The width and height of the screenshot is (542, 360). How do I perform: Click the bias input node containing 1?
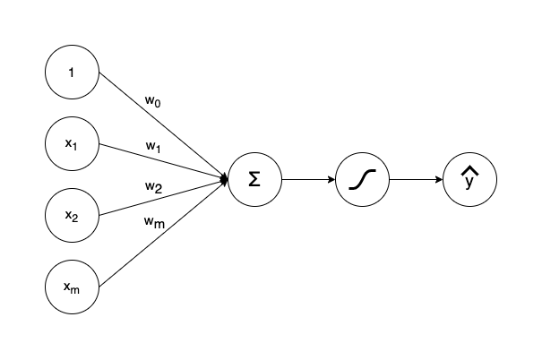coord(72,72)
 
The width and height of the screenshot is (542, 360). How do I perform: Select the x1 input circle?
coord(72,143)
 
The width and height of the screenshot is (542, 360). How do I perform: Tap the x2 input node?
coord(72,215)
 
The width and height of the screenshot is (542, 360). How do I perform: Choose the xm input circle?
coord(72,287)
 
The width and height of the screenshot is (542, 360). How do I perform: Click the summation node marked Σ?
coord(254,179)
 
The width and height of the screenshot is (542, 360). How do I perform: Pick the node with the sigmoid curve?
coord(362,179)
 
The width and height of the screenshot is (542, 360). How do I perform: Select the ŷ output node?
coord(469,179)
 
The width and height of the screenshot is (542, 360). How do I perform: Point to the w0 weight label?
coord(153,101)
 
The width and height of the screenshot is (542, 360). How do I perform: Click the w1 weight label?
coord(153,146)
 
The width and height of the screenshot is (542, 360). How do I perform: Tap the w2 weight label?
coord(153,187)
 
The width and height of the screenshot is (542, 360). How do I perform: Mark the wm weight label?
coord(154,222)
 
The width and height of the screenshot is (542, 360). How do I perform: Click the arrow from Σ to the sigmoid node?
coord(307,179)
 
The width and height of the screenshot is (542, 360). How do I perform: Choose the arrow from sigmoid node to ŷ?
coord(415,179)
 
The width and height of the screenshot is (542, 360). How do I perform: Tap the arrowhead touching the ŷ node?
coord(439,179)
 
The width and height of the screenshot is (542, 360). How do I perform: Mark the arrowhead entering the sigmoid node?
coord(331,179)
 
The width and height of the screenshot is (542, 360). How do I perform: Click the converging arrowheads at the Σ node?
coord(224,179)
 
